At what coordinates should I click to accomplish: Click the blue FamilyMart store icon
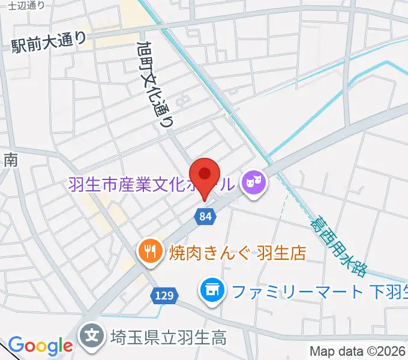click(x=211, y=292)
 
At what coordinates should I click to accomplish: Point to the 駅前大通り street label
click(x=49, y=43)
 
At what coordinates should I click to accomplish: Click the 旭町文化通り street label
click(x=155, y=83)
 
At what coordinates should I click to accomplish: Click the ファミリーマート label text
click(x=297, y=292)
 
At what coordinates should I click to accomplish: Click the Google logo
click(x=40, y=346)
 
